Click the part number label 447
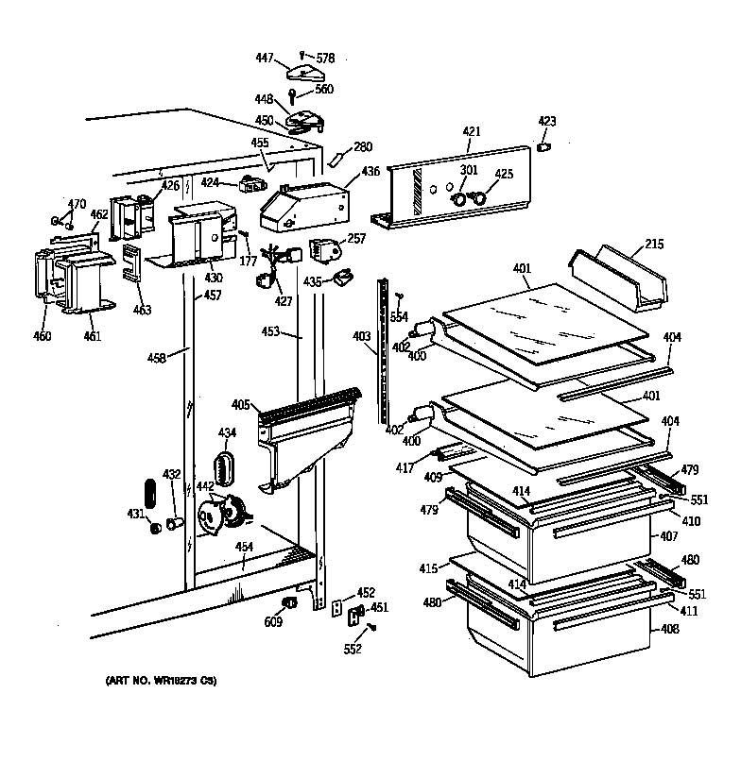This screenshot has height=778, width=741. [264, 59]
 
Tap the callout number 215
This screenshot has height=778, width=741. [654, 245]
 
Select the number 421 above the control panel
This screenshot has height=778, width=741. [472, 131]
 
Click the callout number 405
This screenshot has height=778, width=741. [240, 406]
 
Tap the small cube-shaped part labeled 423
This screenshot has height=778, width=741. [543, 147]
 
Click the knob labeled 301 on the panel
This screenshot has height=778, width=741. [458, 199]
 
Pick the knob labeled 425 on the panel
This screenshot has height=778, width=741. [477, 198]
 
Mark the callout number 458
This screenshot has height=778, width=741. [157, 358]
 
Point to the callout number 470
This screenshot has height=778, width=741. [77, 204]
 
